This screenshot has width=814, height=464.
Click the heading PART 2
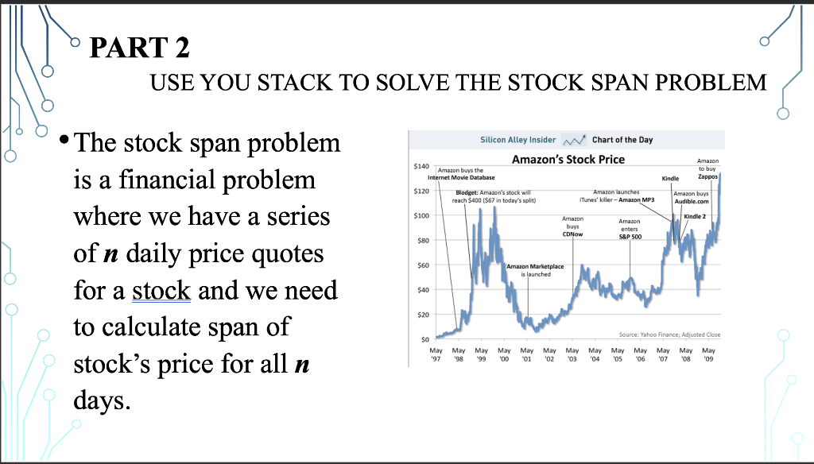[139, 49]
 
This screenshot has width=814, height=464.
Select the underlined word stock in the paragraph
[161, 291]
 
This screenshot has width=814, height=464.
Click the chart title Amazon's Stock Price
[568, 159]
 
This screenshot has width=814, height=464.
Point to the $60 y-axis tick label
[423, 265]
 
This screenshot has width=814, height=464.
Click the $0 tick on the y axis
[424, 339]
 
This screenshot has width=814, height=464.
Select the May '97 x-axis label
[436, 354]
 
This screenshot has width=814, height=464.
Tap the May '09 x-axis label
[708, 354]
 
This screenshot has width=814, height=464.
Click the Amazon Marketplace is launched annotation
[535, 270]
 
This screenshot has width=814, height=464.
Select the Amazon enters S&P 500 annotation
[630, 229]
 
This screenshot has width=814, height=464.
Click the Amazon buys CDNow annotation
[572, 226]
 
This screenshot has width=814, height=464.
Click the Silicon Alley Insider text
[518, 140]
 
